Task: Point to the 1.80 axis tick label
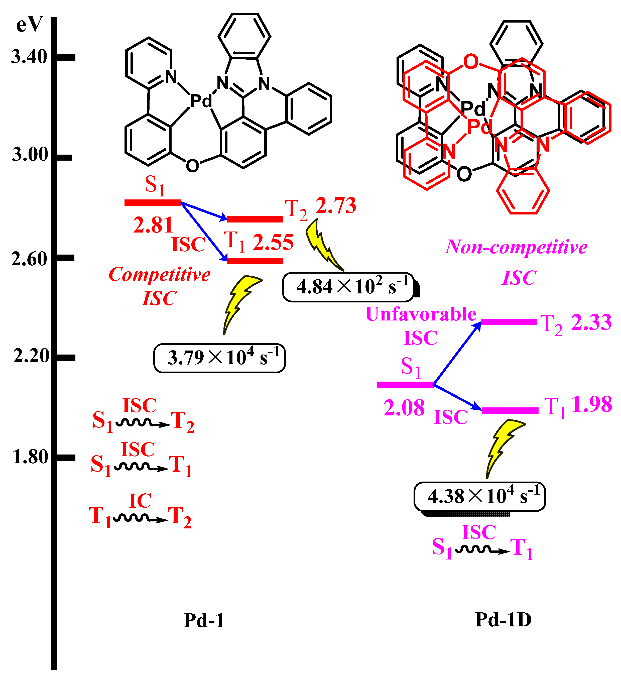[x=30, y=457]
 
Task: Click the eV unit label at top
[x=30, y=25]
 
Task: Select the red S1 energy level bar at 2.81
[x=153, y=202]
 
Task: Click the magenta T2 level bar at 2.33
[x=509, y=322]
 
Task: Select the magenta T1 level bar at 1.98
[x=510, y=410]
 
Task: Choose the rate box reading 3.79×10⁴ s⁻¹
[x=219, y=358]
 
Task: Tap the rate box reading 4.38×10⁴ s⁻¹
[x=479, y=497]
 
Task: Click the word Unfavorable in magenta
[x=421, y=314]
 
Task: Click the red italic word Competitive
[x=160, y=274]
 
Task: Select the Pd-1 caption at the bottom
[x=204, y=620]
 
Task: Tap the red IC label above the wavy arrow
[x=140, y=501]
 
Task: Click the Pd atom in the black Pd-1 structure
[x=201, y=100]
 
